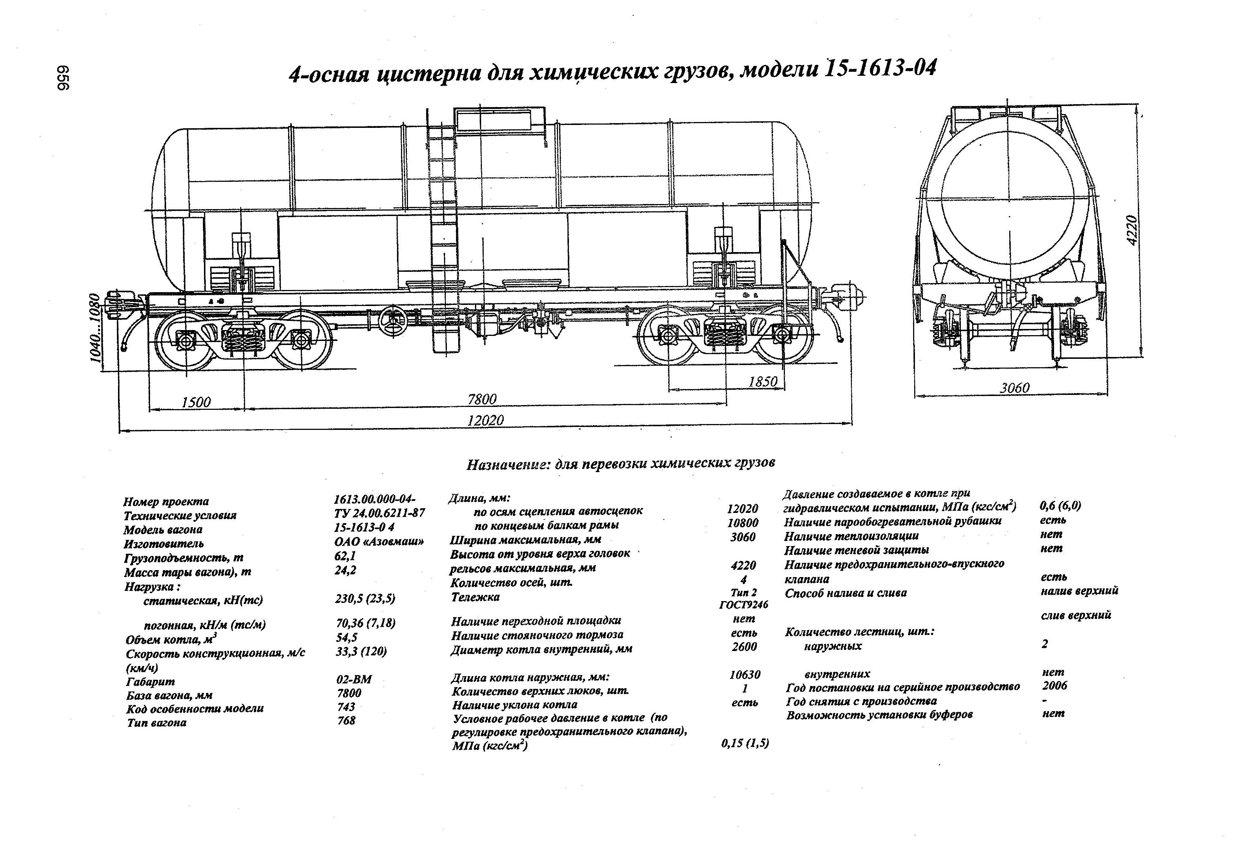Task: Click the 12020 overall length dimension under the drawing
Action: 485,420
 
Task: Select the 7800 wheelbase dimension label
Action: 482,399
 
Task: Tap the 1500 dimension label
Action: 196,402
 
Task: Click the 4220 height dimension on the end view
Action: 1132,230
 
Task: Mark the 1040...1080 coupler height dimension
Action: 95,328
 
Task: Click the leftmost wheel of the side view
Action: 183,340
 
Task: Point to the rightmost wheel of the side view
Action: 783,335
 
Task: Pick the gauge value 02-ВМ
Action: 354,679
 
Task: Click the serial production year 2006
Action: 1054,686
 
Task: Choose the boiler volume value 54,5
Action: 346,637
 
